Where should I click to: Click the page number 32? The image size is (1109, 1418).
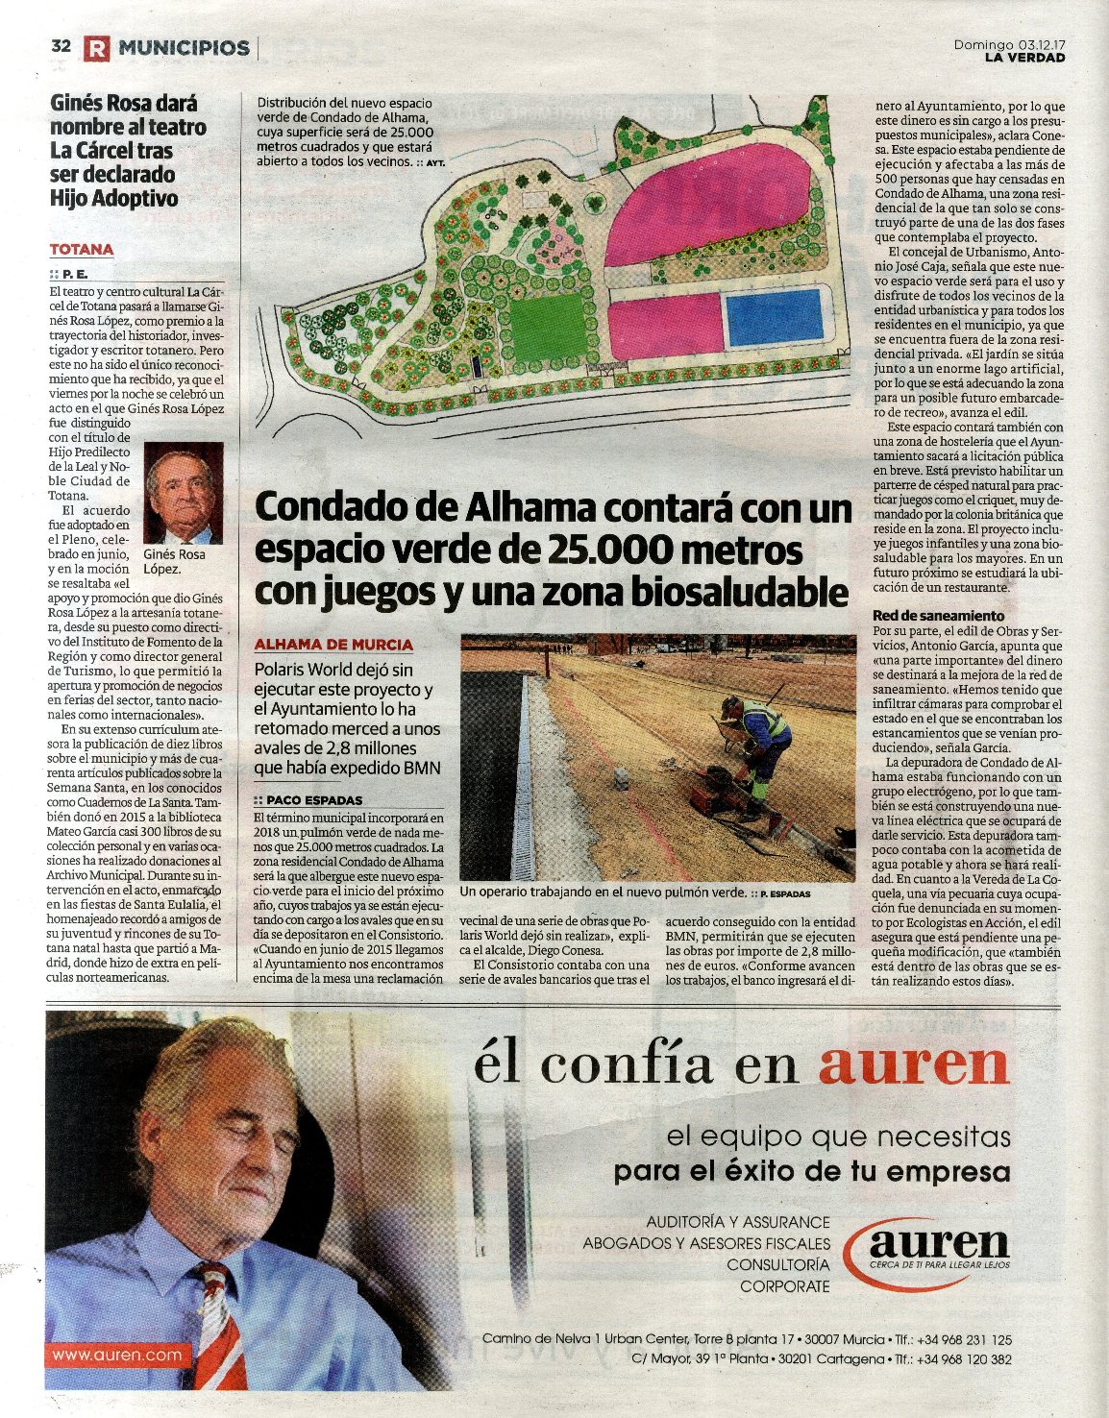tap(61, 46)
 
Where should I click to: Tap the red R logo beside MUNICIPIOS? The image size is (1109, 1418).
tap(96, 48)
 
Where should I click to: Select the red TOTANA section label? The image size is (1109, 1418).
tap(82, 250)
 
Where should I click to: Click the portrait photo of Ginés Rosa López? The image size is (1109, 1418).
tap(183, 494)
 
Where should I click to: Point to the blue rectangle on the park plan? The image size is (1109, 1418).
tap(774, 318)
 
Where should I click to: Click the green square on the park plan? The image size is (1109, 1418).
tap(547, 328)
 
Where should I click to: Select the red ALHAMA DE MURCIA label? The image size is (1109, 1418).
tap(333, 645)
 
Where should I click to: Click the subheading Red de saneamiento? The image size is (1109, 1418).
tap(938, 616)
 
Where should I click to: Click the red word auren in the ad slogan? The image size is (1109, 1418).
tap(914, 1064)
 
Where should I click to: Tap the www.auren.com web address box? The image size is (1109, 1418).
tap(117, 1355)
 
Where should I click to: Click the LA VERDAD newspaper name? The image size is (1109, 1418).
tap(1024, 58)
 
